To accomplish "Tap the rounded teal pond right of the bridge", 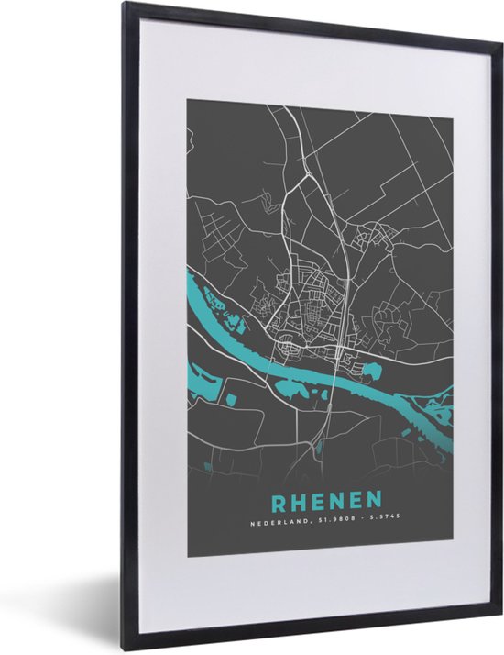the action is (x=370, y=372).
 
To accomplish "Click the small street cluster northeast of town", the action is (x=376, y=236).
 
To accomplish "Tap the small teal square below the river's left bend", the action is (x=228, y=400).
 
